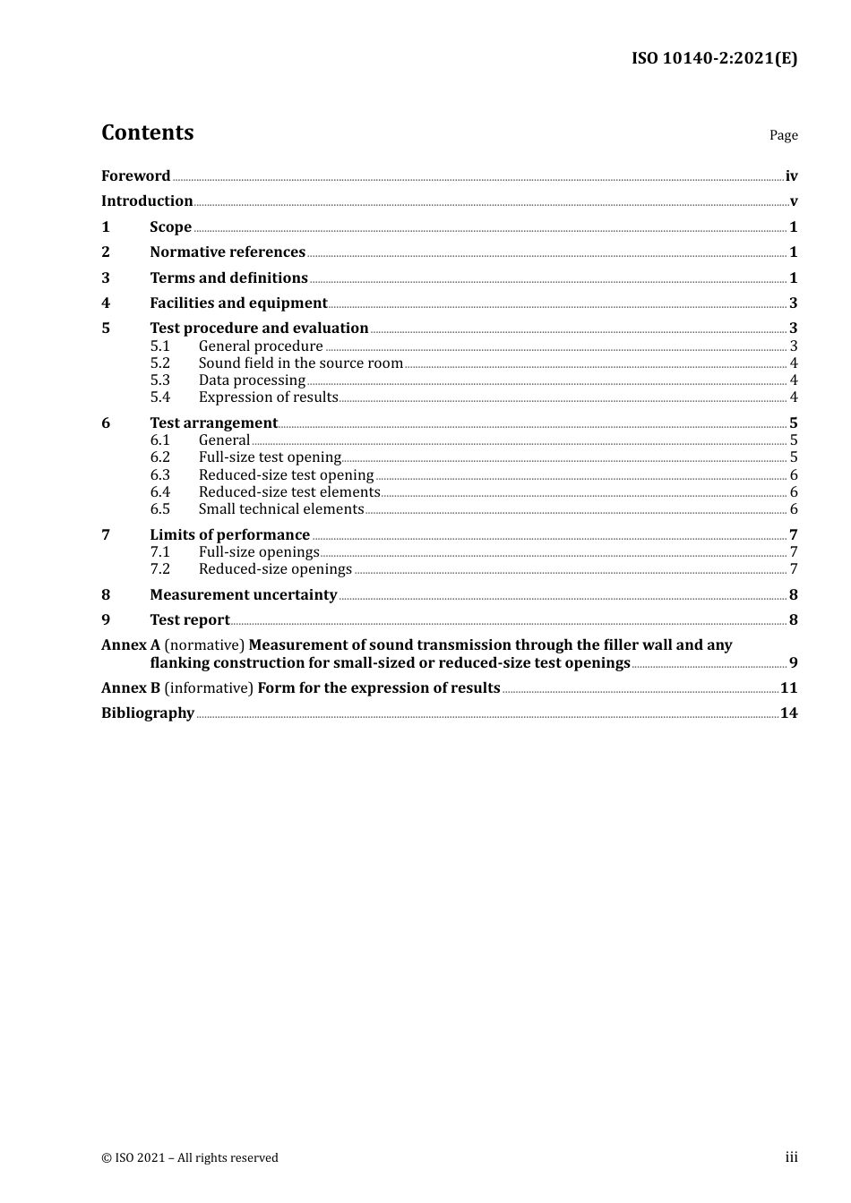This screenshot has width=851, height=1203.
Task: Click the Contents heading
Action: [147, 132]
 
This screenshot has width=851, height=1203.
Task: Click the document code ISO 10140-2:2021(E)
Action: [714, 58]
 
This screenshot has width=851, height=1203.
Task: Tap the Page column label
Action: [783, 135]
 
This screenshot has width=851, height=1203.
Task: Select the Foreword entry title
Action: [135, 176]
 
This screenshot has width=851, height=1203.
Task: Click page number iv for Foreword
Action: [791, 176]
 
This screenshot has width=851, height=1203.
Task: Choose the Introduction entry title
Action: [147, 201]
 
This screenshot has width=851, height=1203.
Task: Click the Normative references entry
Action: [228, 252]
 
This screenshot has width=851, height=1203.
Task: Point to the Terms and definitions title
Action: [228, 278]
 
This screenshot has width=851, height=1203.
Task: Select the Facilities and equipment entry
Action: [238, 303]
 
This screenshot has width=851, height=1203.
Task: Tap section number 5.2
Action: [159, 363]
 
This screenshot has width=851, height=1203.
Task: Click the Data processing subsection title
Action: [252, 380]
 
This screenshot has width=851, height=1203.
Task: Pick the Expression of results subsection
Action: [268, 397]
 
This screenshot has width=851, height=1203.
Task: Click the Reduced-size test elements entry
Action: [289, 492]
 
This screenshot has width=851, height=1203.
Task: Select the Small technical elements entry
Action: [281, 509]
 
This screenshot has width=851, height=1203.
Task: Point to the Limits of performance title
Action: [229, 535]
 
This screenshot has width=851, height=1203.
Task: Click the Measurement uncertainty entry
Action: [244, 595]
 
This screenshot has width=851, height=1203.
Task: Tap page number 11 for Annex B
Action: [788, 688]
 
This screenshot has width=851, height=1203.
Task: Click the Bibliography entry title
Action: [148, 713]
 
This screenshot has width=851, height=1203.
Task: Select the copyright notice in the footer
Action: [190, 1158]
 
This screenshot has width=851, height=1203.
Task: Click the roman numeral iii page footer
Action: [791, 1157]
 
